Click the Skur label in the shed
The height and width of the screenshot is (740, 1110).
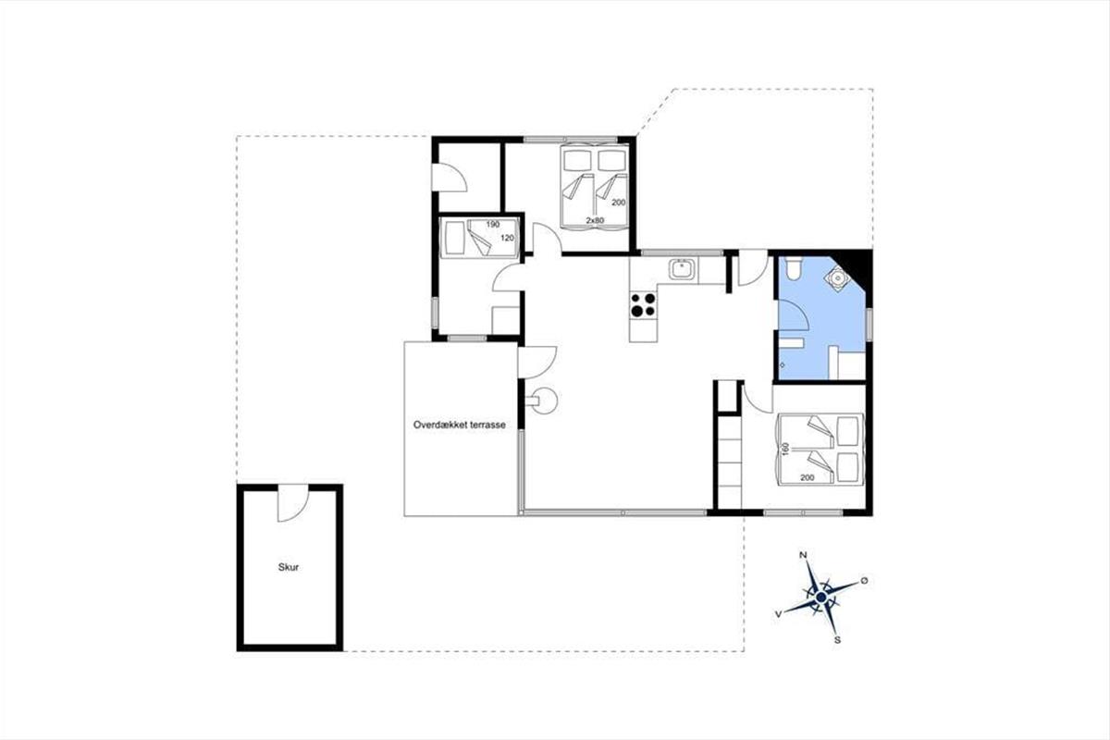pos(289,568)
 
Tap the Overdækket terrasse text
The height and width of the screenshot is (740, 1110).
pos(460,425)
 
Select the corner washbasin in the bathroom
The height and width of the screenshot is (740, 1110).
pos(837,278)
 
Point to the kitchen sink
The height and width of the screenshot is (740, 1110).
pos(682,270)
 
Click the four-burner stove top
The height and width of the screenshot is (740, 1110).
pos(643,305)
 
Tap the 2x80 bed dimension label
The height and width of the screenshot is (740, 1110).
pos(595,220)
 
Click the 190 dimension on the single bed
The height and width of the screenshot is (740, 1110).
pos(492,225)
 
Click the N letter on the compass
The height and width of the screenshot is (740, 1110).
pos(803,555)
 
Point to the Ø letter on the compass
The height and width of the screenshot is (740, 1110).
pos(864,580)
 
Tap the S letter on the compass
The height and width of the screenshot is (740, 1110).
pos(837,640)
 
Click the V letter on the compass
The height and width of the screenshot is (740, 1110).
pos(779,614)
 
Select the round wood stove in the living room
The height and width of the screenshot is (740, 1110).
pos(544,401)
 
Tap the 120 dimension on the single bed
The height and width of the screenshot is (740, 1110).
pos(507,238)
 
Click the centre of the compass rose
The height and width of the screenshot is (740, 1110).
pos(821,598)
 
